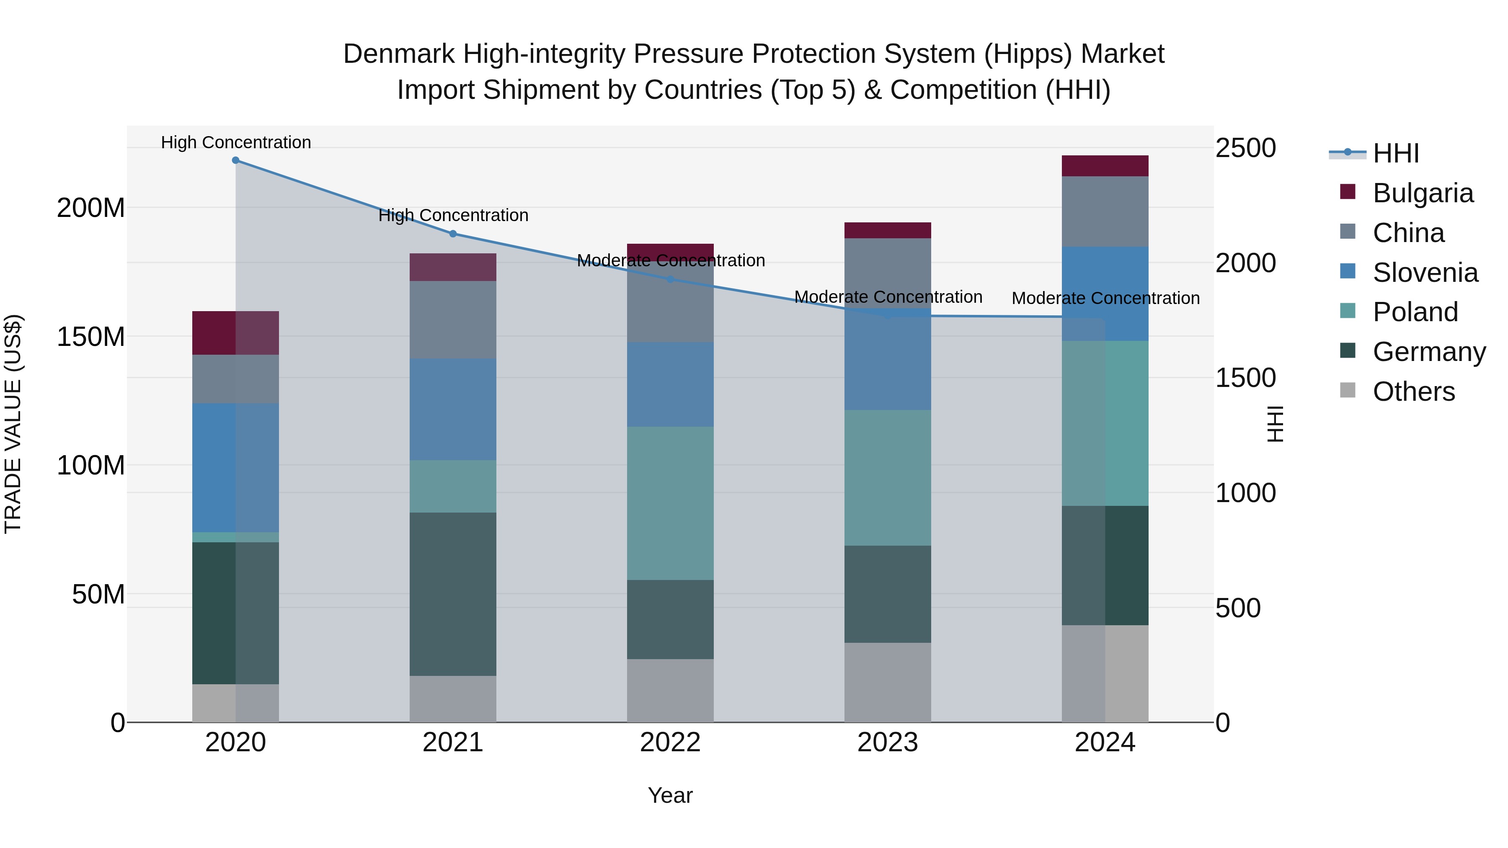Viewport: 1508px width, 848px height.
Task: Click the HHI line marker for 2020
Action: [x=235, y=160]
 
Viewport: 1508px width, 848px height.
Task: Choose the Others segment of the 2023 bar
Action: [x=888, y=683]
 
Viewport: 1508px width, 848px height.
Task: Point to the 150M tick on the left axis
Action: [x=91, y=337]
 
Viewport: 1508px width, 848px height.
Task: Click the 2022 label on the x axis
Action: [x=670, y=742]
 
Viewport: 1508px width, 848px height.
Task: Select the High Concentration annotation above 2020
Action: [x=236, y=142]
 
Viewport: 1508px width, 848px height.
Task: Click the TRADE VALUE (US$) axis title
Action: [x=13, y=424]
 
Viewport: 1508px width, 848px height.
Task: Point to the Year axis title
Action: [x=670, y=795]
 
